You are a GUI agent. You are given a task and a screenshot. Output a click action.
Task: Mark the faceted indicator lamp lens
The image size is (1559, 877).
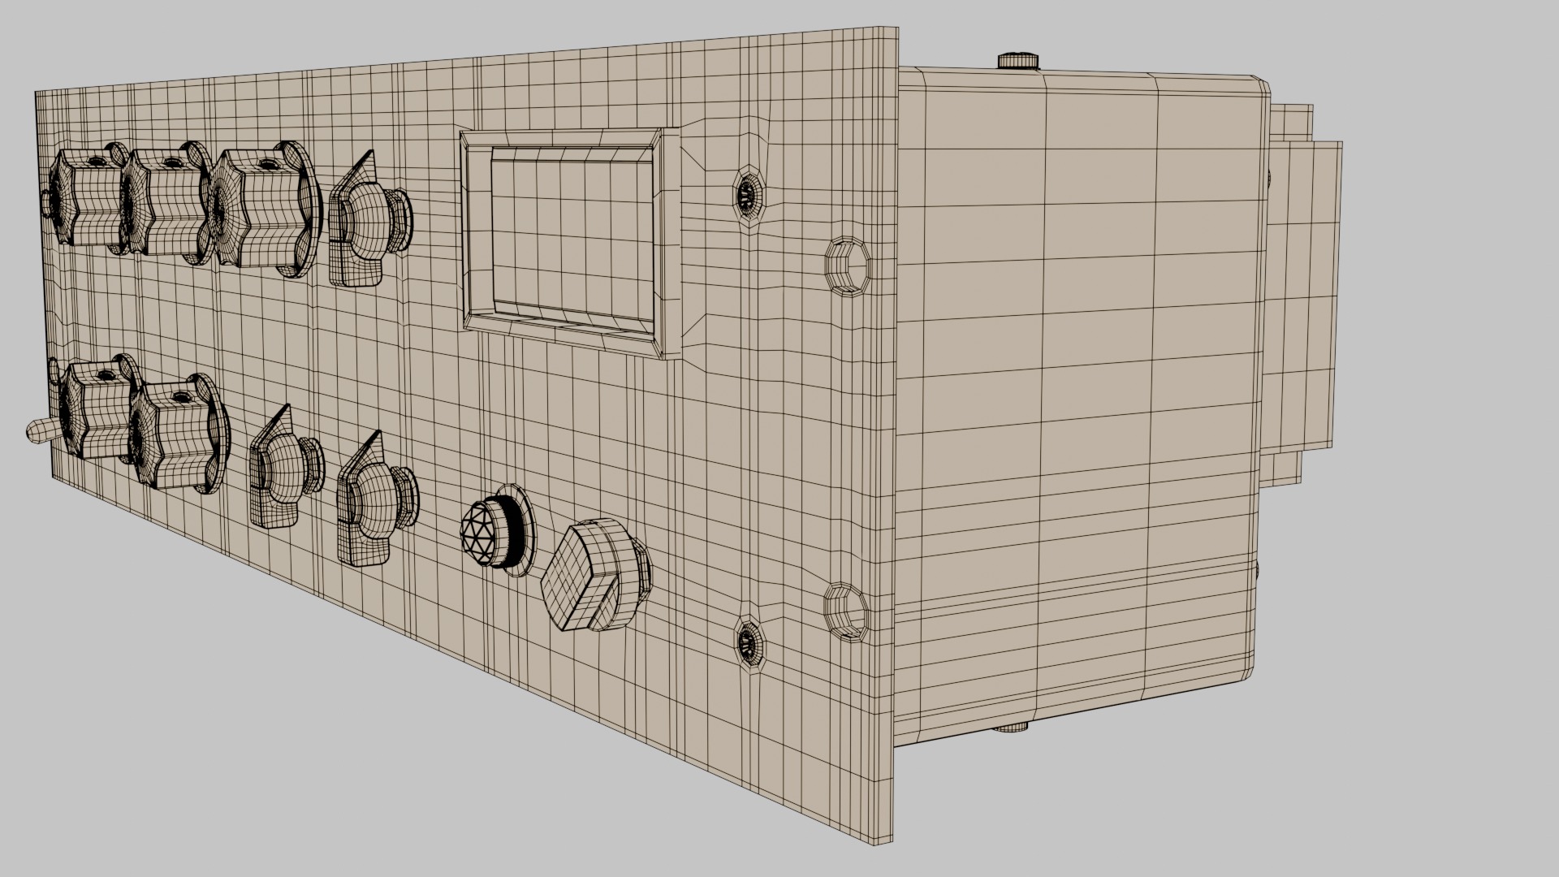tap(485, 533)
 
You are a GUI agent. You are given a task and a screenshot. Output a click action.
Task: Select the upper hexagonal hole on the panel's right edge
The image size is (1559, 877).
tap(844, 263)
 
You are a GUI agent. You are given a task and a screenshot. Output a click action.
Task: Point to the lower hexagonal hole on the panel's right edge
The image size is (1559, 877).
tap(844, 610)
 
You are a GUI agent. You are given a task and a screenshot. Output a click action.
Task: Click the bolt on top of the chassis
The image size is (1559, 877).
tap(1018, 60)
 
